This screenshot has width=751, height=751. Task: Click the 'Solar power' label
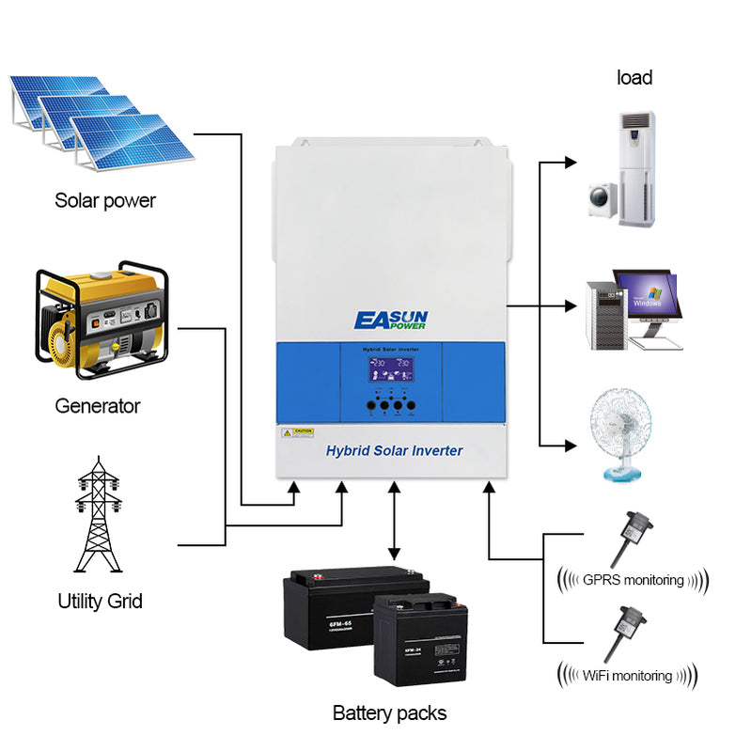click(x=105, y=200)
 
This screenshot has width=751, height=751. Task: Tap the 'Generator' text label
click(x=97, y=406)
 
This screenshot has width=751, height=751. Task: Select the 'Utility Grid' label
click(x=100, y=601)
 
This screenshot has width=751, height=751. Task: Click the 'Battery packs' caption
click(x=389, y=712)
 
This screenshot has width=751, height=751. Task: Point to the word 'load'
click(x=634, y=78)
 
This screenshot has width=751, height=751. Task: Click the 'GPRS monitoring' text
click(x=633, y=579)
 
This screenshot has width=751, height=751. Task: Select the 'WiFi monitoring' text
click(x=627, y=675)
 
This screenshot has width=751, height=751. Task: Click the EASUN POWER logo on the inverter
click(x=390, y=320)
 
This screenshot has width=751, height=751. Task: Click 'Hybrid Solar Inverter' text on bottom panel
click(x=394, y=451)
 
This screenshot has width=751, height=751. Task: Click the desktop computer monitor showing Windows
click(x=647, y=293)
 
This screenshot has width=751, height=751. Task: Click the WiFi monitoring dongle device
click(x=624, y=631)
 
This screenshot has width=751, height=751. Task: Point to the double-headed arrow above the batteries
click(x=394, y=521)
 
